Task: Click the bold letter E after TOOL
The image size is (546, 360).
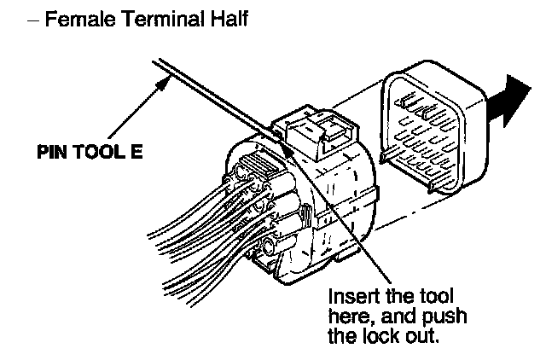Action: pos(136,156)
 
